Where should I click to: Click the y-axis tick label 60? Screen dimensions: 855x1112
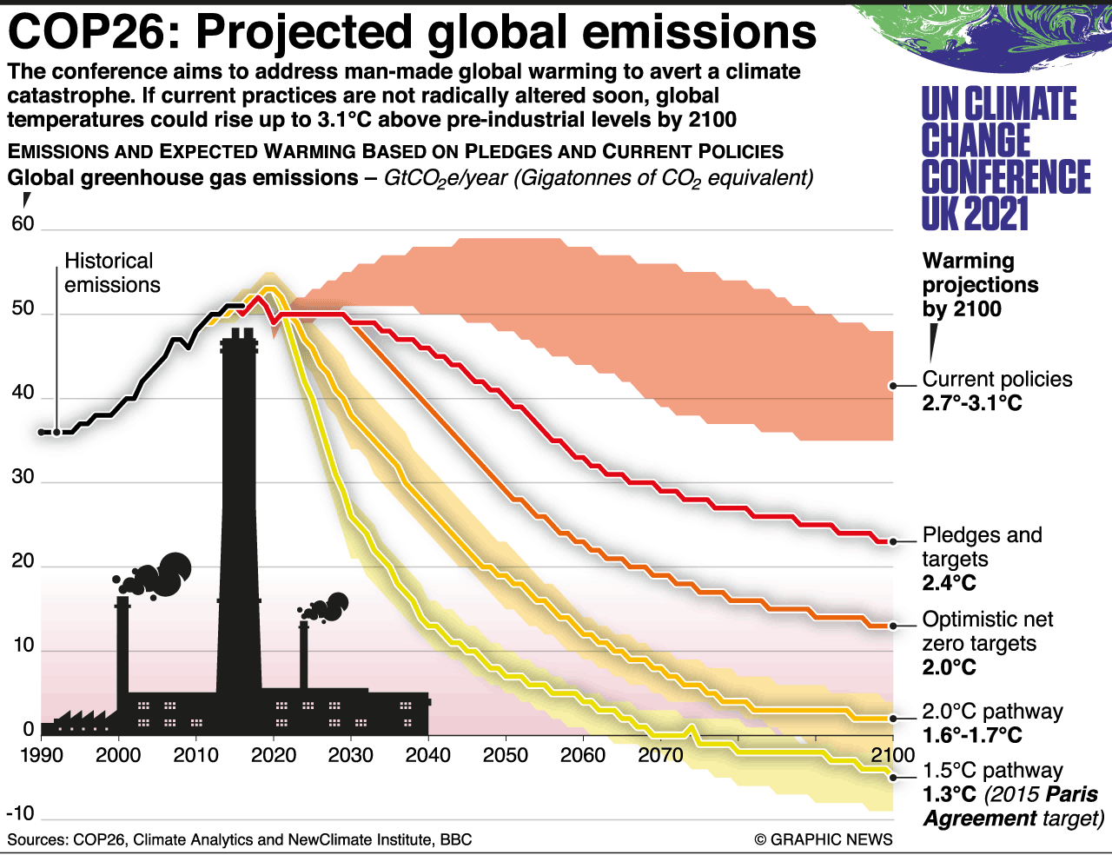click(23, 224)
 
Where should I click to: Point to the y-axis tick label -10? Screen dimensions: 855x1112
click(20, 814)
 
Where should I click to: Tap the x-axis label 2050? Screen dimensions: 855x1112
click(505, 754)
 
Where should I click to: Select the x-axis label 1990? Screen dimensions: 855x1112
click(41, 754)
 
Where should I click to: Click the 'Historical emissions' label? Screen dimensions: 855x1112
click(111, 273)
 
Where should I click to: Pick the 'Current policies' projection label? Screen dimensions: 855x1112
click(996, 380)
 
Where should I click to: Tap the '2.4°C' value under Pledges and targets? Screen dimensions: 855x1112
click(949, 583)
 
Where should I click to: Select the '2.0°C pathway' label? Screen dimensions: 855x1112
click(992, 712)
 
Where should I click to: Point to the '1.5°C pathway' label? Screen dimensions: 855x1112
click(992, 771)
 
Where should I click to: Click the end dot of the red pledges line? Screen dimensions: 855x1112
click(893, 541)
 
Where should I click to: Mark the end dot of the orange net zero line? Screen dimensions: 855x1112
click(893, 626)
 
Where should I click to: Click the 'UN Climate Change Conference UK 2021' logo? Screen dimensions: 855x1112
click(1005, 158)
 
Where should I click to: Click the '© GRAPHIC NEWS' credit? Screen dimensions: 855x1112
click(823, 839)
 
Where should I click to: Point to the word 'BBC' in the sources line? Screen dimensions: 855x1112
click(456, 839)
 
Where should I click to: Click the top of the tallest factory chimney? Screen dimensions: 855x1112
click(238, 335)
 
